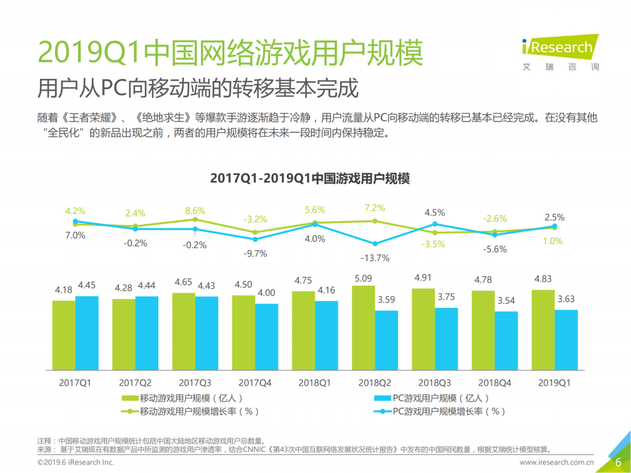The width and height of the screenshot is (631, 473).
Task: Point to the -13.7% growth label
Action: (375, 257)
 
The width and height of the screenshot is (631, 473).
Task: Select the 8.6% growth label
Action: (195, 211)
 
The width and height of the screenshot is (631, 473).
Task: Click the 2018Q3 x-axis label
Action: (434, 382)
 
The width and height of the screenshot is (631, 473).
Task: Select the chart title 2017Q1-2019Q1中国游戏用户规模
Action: (310, 179)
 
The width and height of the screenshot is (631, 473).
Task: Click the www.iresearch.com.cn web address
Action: (556, 462)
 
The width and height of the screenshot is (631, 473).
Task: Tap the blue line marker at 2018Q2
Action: (375, 243)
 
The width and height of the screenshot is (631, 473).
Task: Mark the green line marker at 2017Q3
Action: (195, 219)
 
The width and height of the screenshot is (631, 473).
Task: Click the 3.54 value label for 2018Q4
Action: (506, 300)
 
